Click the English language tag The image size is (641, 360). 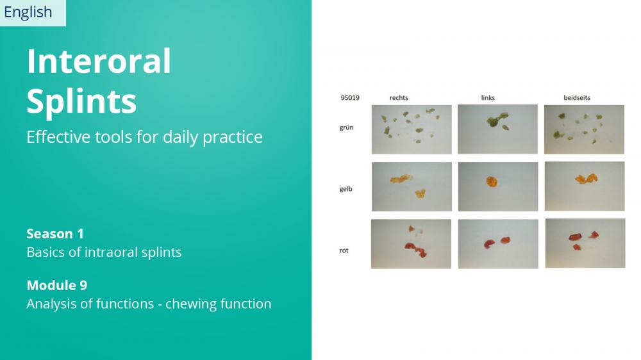point(28,12)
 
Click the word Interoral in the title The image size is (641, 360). point(99,61)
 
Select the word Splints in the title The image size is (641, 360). point(81,101)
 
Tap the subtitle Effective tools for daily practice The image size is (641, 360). point(144,137)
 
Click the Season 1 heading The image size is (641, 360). point(55,234)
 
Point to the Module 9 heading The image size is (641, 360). point(57,285)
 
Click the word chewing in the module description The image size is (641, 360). point(190,304)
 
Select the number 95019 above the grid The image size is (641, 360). point(350,97)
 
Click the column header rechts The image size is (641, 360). point(399,97)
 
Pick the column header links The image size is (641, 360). point(488,97)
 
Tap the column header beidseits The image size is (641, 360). point(577,97)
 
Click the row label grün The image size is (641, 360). point(346,127)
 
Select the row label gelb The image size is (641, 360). point(346,189)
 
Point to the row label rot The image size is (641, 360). point(344,250)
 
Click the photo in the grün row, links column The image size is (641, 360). point(497,129)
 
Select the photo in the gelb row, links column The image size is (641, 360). point(498,187)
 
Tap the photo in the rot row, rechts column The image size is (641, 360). point(411,244)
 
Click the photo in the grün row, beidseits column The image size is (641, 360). point(584,129)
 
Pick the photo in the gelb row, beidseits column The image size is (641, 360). point(585,186)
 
